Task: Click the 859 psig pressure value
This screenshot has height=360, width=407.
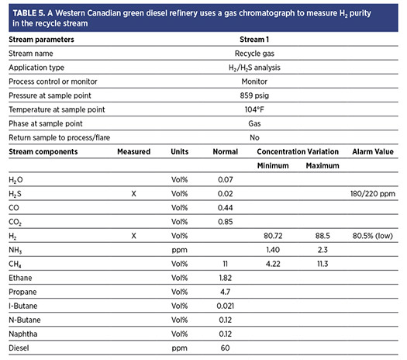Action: pos(254,95)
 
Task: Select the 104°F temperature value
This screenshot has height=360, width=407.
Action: pos(254,109)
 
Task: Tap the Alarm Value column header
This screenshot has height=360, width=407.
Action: pos(373,152)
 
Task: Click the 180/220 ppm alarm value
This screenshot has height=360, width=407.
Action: pos(373,194)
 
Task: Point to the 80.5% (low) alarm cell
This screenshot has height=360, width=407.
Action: pos(372,236)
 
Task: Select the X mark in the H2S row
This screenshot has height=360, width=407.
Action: pos(133,194)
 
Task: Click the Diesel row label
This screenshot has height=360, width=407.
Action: pos(19,348)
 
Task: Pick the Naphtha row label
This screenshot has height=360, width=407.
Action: pos(23,334)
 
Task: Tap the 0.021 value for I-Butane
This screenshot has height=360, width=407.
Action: pos(226,306)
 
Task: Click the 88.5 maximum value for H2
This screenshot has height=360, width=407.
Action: pos(322,236)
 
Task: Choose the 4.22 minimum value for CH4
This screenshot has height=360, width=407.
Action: pos(273,264)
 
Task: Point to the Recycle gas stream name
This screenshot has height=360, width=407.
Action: pos(254,54)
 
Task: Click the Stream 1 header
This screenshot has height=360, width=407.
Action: pos(254,40)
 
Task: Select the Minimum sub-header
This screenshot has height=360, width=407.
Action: pos(273,166)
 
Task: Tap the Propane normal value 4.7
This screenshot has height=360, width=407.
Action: pos(226,292)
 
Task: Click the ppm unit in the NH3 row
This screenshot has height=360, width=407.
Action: pos(179,250)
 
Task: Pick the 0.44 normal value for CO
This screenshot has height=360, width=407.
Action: pos(226,208)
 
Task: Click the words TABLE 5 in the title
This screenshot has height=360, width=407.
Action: pos(29,13)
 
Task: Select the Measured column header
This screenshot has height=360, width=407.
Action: pos(133,152)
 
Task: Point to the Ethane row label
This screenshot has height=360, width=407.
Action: pos(20,278)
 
